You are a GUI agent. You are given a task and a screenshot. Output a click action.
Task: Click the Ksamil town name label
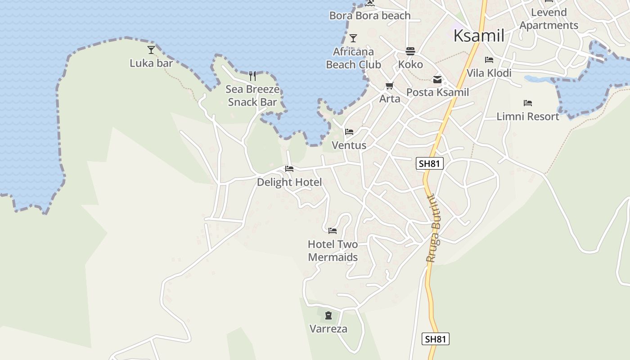479,36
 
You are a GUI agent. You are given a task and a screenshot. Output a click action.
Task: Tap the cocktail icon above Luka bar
151,49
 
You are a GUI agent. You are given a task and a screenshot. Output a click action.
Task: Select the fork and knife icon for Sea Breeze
252,76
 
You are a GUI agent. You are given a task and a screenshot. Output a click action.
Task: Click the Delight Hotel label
289,182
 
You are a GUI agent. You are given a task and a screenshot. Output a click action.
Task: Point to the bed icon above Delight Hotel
289,169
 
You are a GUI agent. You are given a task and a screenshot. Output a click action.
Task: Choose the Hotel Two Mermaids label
333,251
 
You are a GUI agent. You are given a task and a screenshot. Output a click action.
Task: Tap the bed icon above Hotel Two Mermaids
333,231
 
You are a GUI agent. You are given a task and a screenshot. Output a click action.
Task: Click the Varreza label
328,329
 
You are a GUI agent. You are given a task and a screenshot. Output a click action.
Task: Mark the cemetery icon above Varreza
328,315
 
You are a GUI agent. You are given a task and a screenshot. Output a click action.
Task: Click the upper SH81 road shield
429,164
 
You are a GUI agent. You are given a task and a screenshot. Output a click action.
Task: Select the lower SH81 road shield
436,339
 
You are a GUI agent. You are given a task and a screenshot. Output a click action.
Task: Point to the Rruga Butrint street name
433,228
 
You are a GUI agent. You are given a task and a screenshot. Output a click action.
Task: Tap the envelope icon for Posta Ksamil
437,80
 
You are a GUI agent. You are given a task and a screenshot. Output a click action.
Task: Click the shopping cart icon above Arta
390,85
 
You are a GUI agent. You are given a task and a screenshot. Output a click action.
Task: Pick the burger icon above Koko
410,51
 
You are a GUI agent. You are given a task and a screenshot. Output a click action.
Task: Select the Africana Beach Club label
353,58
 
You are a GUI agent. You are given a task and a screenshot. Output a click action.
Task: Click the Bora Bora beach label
370,16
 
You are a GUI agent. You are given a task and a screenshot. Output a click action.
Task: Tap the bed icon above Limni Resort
528,103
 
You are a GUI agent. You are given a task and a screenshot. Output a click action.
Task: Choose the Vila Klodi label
489,73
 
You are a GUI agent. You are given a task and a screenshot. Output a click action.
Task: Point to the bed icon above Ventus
349,132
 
